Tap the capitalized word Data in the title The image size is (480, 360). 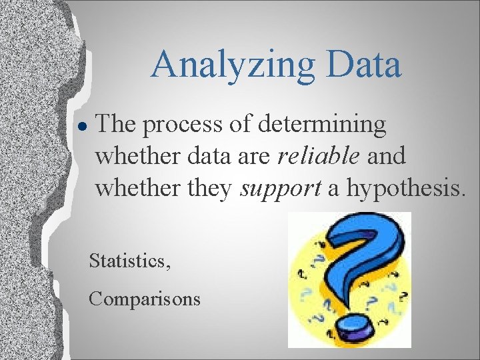click(365, 64)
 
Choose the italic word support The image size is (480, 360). click(280, 189)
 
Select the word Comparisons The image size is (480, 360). click(145, 298)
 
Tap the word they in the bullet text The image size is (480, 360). click(207, 189)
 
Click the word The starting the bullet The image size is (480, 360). click(120, 125)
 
